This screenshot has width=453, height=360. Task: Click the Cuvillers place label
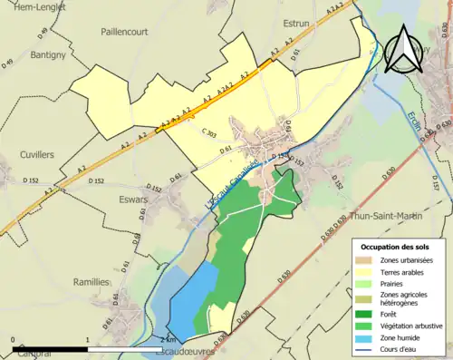pos(37,155)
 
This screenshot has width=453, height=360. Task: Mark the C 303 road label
pos(208,134)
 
